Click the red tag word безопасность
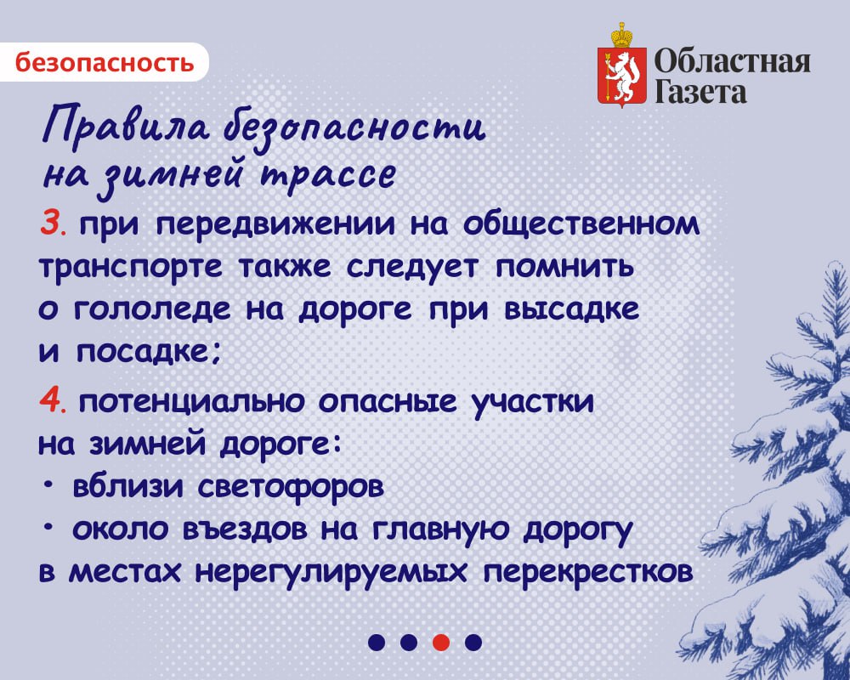[x=104, y=62]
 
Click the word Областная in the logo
[x=733, y=62]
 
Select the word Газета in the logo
[x=700, y=92]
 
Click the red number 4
[x=53, y=402]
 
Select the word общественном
[x=581, y=224]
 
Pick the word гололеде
[x=151, y=309]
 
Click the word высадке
[x=571, y=309]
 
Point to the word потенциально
[x=192, y=403]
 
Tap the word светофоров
[x=291, y=487]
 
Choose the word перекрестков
[x=589, y=571]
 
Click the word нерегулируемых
[x=331, y=571]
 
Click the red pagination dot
[x=441, y=642]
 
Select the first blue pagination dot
[x=377, y=642]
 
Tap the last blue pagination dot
[x=473, y=642]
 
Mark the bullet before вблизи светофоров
[x=48, y=483]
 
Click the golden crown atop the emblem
[x=622, y=35]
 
